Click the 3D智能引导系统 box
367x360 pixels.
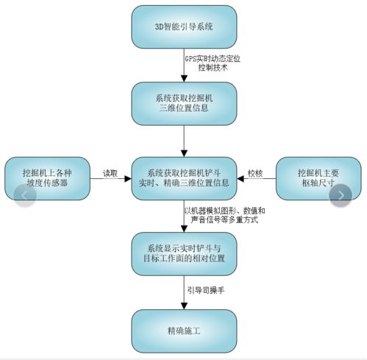pos(184,27)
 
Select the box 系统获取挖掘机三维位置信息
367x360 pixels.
pos(184,104)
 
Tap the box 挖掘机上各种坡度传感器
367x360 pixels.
pos(47,178)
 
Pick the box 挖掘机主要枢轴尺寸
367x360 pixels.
pos(318,178)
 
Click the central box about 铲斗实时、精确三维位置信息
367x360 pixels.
pos(184,178)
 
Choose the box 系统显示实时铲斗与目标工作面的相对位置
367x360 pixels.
pos(184,254)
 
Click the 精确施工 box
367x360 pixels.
pos(184,331)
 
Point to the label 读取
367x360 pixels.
pos(110,174)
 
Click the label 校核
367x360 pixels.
pos(255,174)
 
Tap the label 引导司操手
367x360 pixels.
pos(206,290)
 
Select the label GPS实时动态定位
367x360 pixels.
pos(213,59)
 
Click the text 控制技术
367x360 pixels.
pos(213,68)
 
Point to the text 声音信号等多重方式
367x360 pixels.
pos(224,219)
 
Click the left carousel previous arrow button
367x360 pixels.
pos(25,195)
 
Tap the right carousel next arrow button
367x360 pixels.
pos(341,195)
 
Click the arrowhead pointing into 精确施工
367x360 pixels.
pos(184,306)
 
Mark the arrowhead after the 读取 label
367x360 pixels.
pos(128,179)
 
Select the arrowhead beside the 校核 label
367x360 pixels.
pos(240,179)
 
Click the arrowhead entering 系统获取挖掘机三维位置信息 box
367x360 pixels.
pos(184,79)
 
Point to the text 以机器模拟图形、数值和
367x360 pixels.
pos(224,211)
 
